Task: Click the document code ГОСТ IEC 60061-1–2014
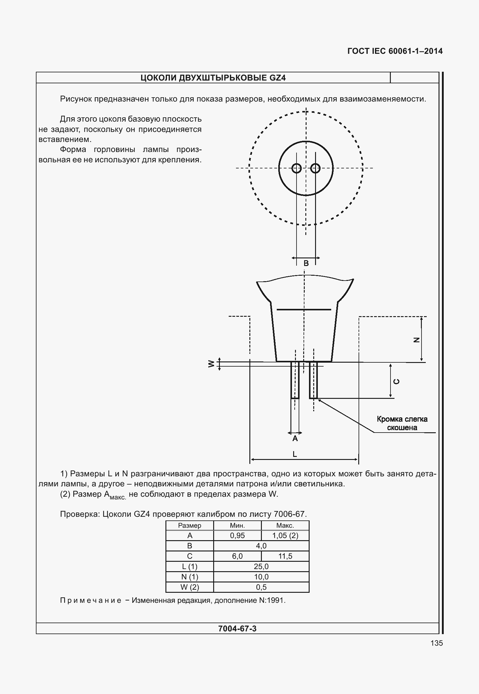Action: [395, 51]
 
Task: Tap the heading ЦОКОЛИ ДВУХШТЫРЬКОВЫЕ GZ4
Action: [213, 78]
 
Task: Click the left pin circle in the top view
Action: [297, 168]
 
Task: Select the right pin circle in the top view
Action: [315, 168]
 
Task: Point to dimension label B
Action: [306, 264]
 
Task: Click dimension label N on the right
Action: [416, 340]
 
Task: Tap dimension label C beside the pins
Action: [396, 382]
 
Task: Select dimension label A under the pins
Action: [295, 439]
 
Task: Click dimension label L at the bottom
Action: [294, 454]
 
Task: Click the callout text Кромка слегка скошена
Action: [402, 423]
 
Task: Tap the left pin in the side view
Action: [295, 380]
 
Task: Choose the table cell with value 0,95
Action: [237, 536]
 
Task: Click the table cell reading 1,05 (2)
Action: [285, 536]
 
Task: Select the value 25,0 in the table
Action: [261, 567]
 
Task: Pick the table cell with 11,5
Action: [285, 556]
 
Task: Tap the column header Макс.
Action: [285, 526]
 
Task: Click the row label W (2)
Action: [189, 587]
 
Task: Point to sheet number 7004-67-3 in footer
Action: [237, 629]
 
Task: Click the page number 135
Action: [436, 643]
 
